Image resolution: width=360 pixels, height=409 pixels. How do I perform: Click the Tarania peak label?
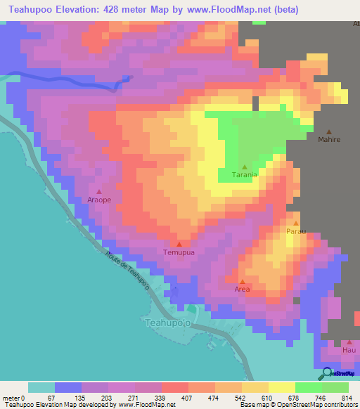point(244,176)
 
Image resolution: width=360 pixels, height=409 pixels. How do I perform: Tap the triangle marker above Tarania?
point(244,167)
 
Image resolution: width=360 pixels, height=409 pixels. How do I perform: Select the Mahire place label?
point(329,140)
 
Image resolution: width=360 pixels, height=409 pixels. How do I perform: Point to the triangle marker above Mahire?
point(329,131)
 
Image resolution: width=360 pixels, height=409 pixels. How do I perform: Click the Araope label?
point(99,200)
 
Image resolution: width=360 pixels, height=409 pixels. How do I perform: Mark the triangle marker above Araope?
point(99,191)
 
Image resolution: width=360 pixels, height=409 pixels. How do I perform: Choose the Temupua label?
point(179,252)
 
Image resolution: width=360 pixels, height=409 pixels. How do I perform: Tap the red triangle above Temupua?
point(179,244)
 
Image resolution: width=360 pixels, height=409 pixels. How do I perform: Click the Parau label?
point(296,231)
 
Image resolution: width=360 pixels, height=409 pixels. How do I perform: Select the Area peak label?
point(242,289)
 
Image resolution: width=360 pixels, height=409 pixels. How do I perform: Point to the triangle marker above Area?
point(242,281)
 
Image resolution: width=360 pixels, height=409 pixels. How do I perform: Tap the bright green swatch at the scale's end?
point(335,387)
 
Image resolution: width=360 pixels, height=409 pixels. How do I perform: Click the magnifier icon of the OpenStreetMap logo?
point(327,373)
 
